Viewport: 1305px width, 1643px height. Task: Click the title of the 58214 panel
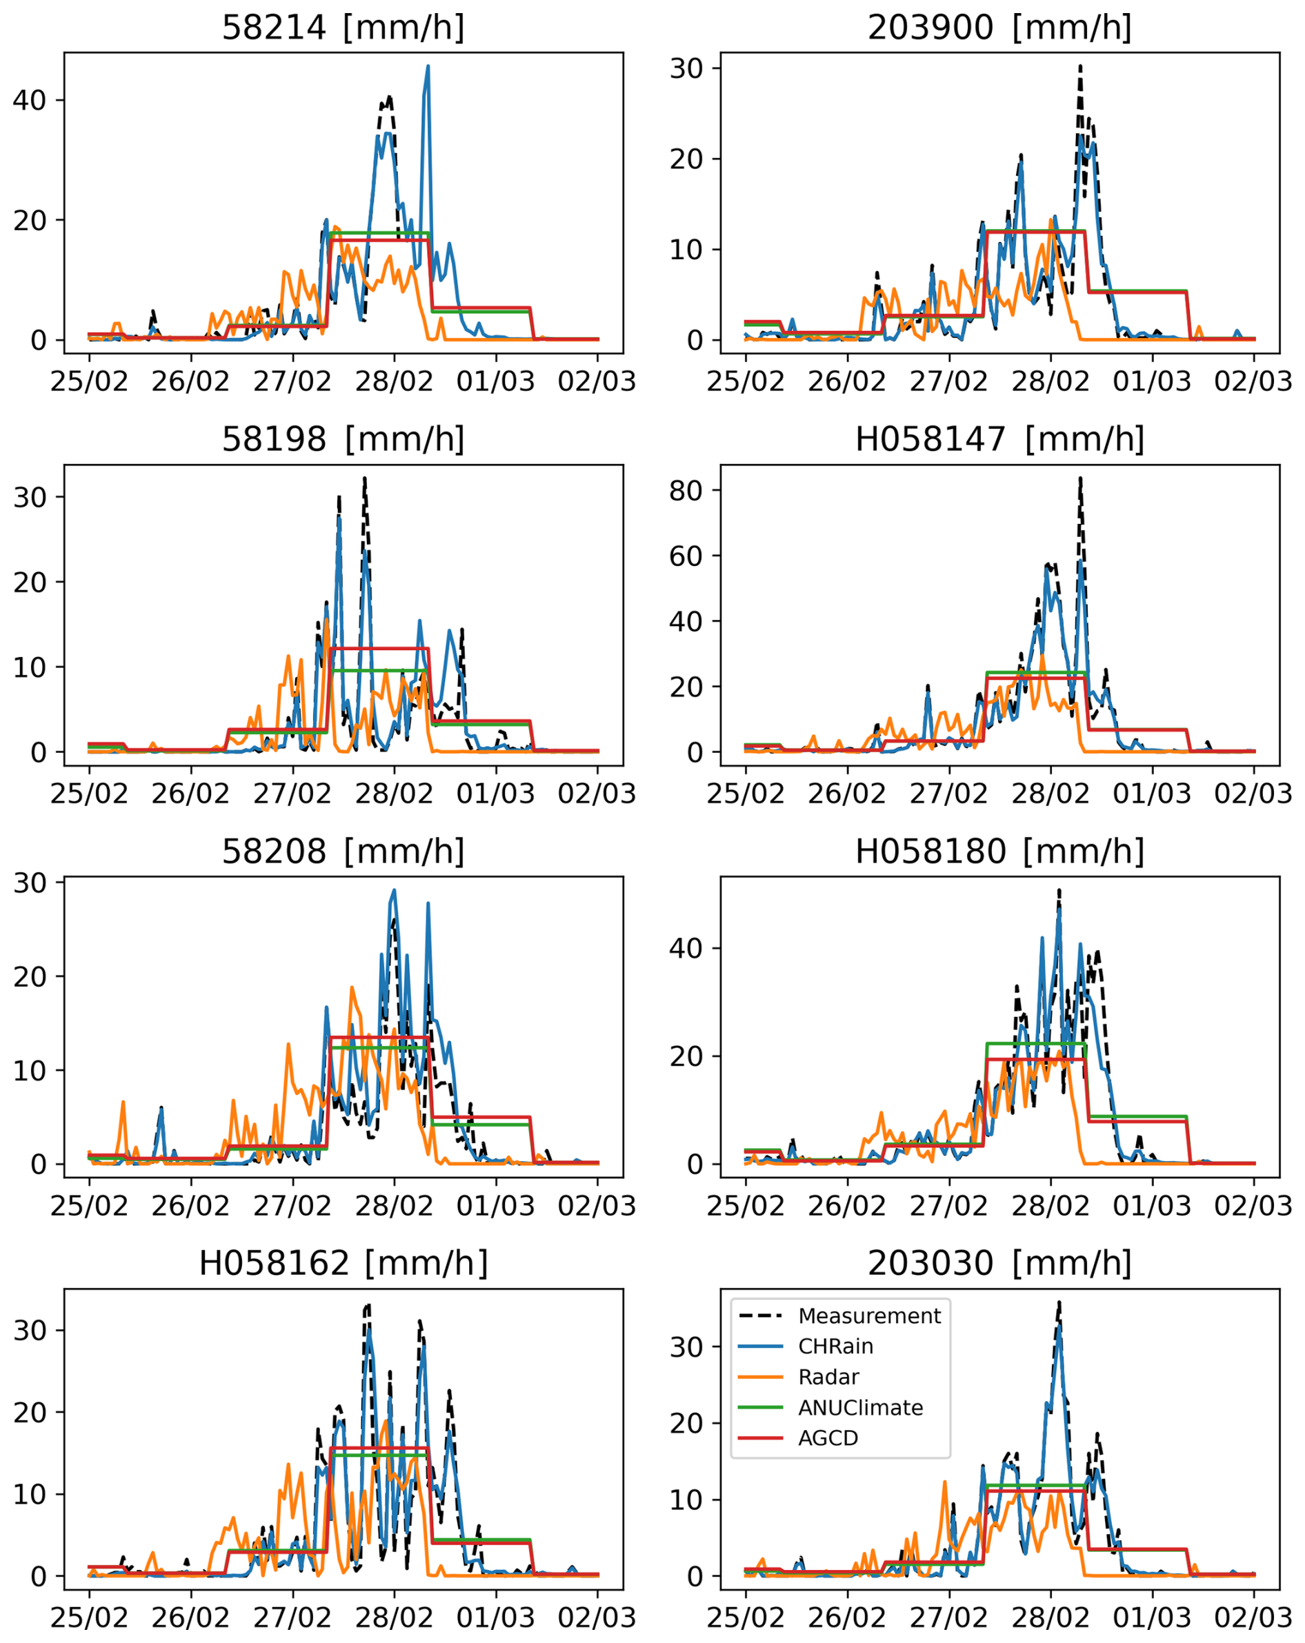click(x=343, y=28)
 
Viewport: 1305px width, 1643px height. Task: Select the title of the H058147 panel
click(x=999, y=440)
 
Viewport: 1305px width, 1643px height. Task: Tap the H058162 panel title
click(x=343, y=1264)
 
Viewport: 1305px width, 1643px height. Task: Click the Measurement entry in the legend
click(x=869, y=1316)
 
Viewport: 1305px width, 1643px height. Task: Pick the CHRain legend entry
click(x=835, y=1347)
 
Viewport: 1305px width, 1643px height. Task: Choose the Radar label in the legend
click(x=828, y=1377)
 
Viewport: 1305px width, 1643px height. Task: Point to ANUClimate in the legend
click(x=860, y=1407)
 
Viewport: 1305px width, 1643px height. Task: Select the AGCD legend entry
click(x=828, y=1438)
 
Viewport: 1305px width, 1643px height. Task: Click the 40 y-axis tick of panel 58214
click(x=29, y=101)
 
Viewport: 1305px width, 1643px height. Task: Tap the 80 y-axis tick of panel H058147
click(x=686, y=491)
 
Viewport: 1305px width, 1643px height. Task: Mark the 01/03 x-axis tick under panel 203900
click(x=1152, y=381)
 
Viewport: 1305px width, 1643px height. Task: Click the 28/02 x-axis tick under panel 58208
click(x=394, y=1206)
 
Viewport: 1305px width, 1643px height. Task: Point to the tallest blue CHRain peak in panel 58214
click(x=428, y=66)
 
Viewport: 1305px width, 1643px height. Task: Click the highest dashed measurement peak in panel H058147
click(x=1080, y=478)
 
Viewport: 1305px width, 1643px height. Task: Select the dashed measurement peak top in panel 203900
click(x=1080, y=66)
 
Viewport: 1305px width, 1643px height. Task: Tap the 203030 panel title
click(x=999, y=1264)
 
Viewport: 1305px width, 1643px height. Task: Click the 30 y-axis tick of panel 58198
click(x=29, y=497)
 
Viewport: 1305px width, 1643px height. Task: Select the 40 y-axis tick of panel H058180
click(x=686, y=948)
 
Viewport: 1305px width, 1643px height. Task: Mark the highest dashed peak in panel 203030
click(x=1059, y=1302)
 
